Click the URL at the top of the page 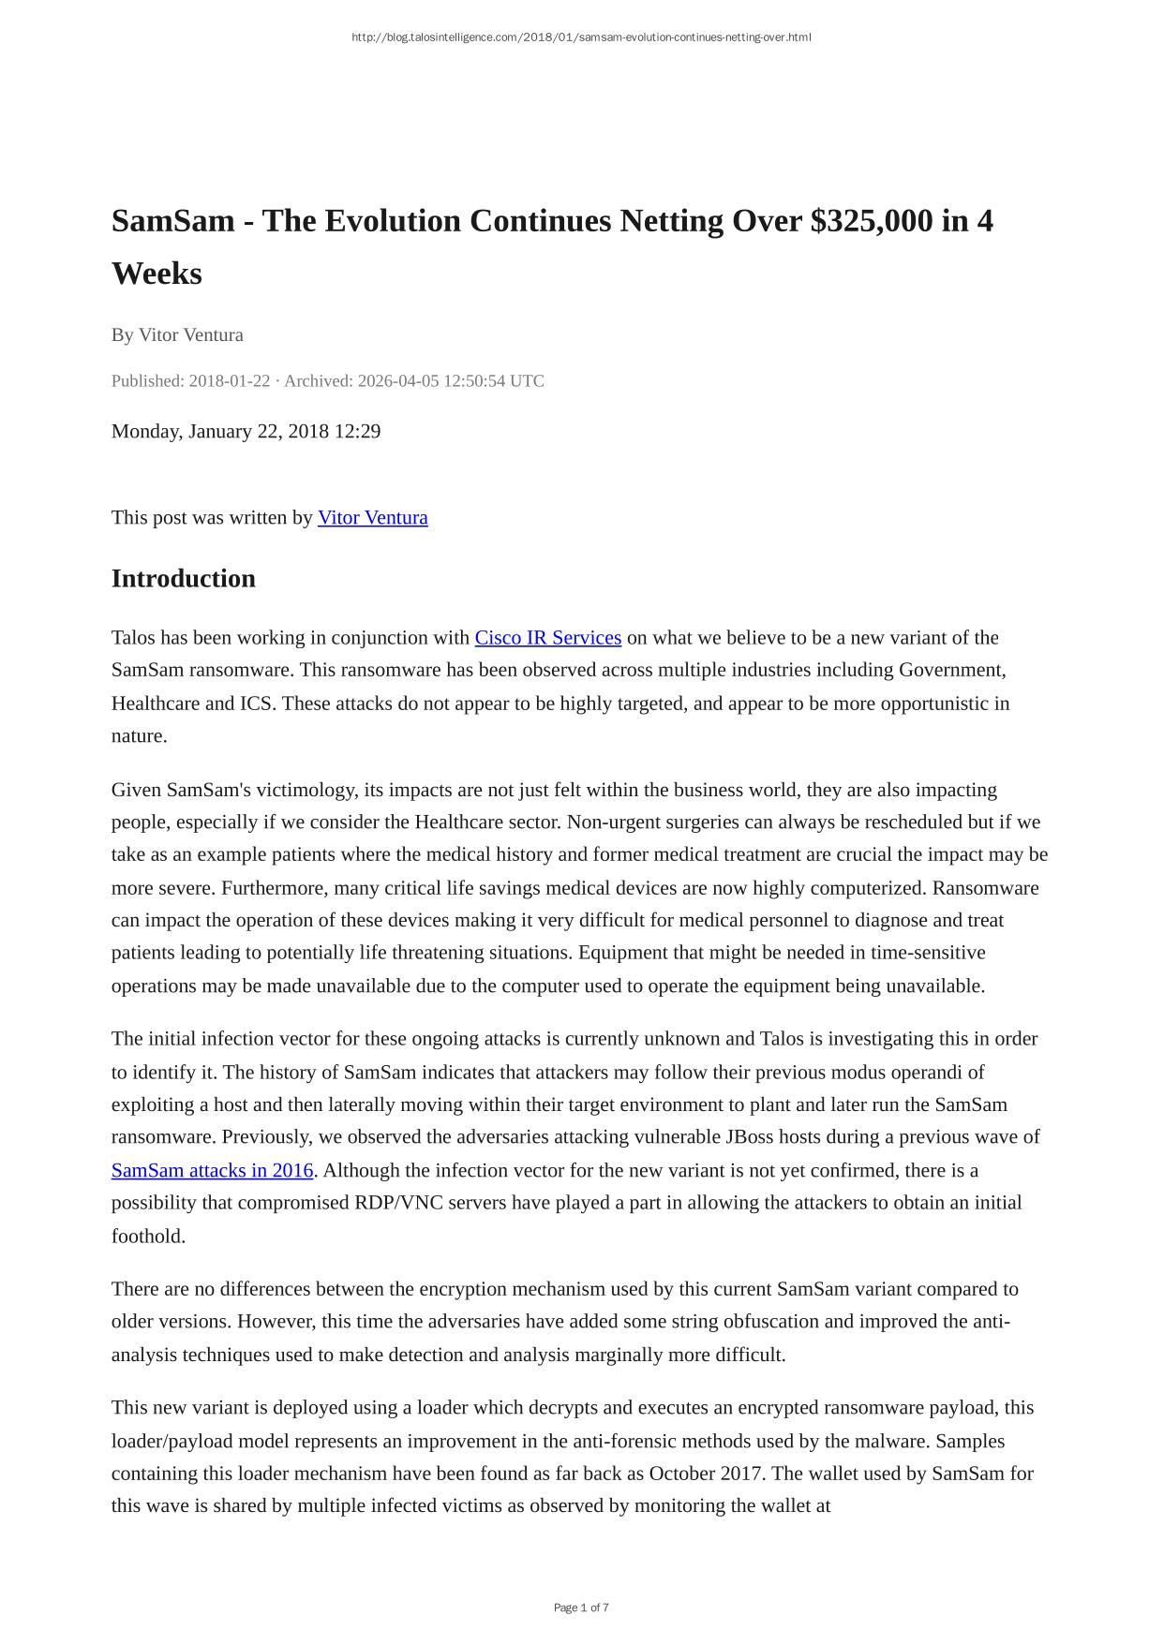click(581, 37)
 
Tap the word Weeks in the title click(157, 274)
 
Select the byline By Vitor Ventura click(177, 334)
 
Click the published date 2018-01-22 click(229, 381)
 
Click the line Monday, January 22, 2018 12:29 click(246, 431)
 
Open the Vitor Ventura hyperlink click(373, 517)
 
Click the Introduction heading click(183, 578)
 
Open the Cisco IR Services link click(547, 638)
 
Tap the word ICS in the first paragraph click(256, 704)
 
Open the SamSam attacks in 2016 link click(212, 1170)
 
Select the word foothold click(148, 1237)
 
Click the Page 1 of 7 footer click(581, 1608)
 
